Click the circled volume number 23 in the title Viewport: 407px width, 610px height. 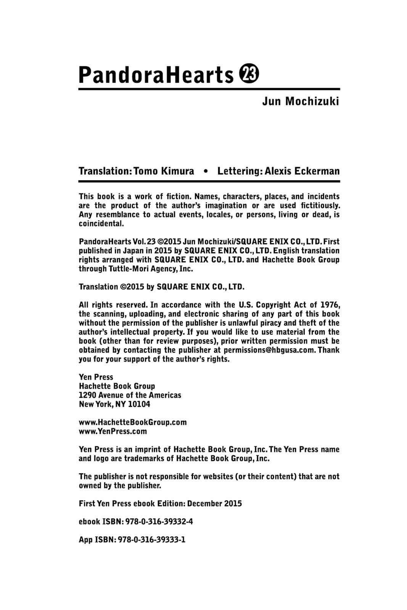pyautogui.click(x=249, y=74)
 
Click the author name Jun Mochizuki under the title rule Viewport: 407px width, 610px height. pyautogui.click(x=301, y=102)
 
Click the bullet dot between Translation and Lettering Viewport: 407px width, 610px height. pyautogui.click(x=206, y=171)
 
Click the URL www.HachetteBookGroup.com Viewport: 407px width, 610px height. pyautogui.click(x=133, y=422)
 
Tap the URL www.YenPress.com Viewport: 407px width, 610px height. pyautogui.click(x=113, y=432)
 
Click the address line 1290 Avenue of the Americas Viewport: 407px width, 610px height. pyautogui.click(x=130, y=395)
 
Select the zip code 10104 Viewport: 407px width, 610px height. pyautogui.click(x=139, y=404)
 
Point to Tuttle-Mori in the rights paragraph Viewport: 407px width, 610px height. pyautogui.click(x=119, y=269)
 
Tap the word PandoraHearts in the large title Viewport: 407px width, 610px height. pyautogui.click(x=156, y=75)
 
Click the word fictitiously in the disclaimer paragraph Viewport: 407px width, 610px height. pyautogui.click(x=319, y=205)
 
